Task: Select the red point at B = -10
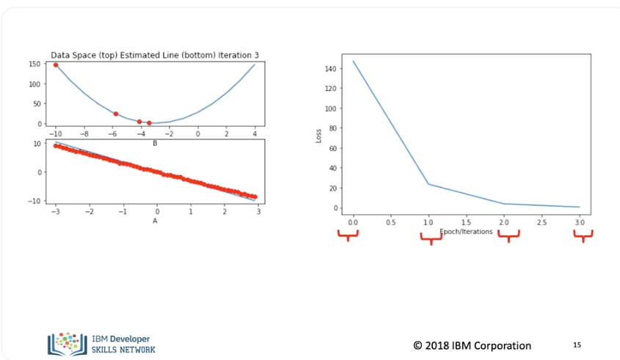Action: point(56,65)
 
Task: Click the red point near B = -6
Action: point(115,114)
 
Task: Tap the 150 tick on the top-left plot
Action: point(34,65)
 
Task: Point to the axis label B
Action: point(155,143)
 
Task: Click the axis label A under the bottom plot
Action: point(155,220)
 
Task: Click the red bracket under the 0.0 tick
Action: point(348,235)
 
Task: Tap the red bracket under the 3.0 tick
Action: point(583,236)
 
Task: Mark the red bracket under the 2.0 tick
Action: point(508,236)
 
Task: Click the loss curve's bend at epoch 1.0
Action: point(428,184)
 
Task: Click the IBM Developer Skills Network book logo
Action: point(67,343)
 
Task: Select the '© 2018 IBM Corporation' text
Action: point(472,345)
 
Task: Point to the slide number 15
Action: point(577,344)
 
